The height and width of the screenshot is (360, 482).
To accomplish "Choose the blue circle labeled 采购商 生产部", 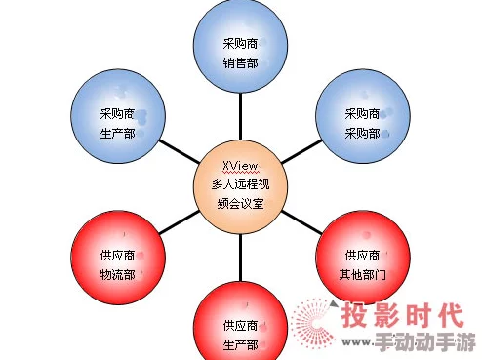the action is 116,123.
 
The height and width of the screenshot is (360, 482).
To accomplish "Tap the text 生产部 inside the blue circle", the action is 116,134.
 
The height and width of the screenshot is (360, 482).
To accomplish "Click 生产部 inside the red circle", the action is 240,345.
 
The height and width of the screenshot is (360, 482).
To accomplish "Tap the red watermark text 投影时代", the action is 401,317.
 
